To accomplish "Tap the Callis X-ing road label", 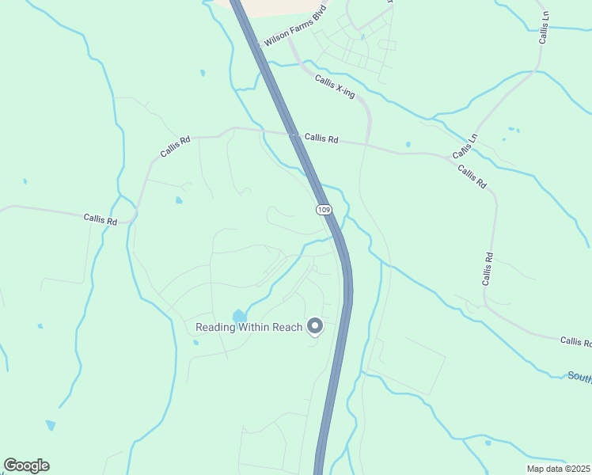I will coord(335,86).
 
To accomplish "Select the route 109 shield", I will coord(323,209).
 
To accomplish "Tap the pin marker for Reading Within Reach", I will coord(315,326).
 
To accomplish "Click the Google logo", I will coord(26,465).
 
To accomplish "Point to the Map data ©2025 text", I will coord(558,469).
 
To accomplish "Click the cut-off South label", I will coord(579,376).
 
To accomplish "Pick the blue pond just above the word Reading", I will coord(239,316).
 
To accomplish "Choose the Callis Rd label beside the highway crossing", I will coord(321,139).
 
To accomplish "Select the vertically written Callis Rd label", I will coord(488,268).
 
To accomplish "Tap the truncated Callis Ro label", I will coord(575,341).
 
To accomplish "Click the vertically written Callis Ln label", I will coord(544,27).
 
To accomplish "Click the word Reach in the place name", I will coord(289,328).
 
